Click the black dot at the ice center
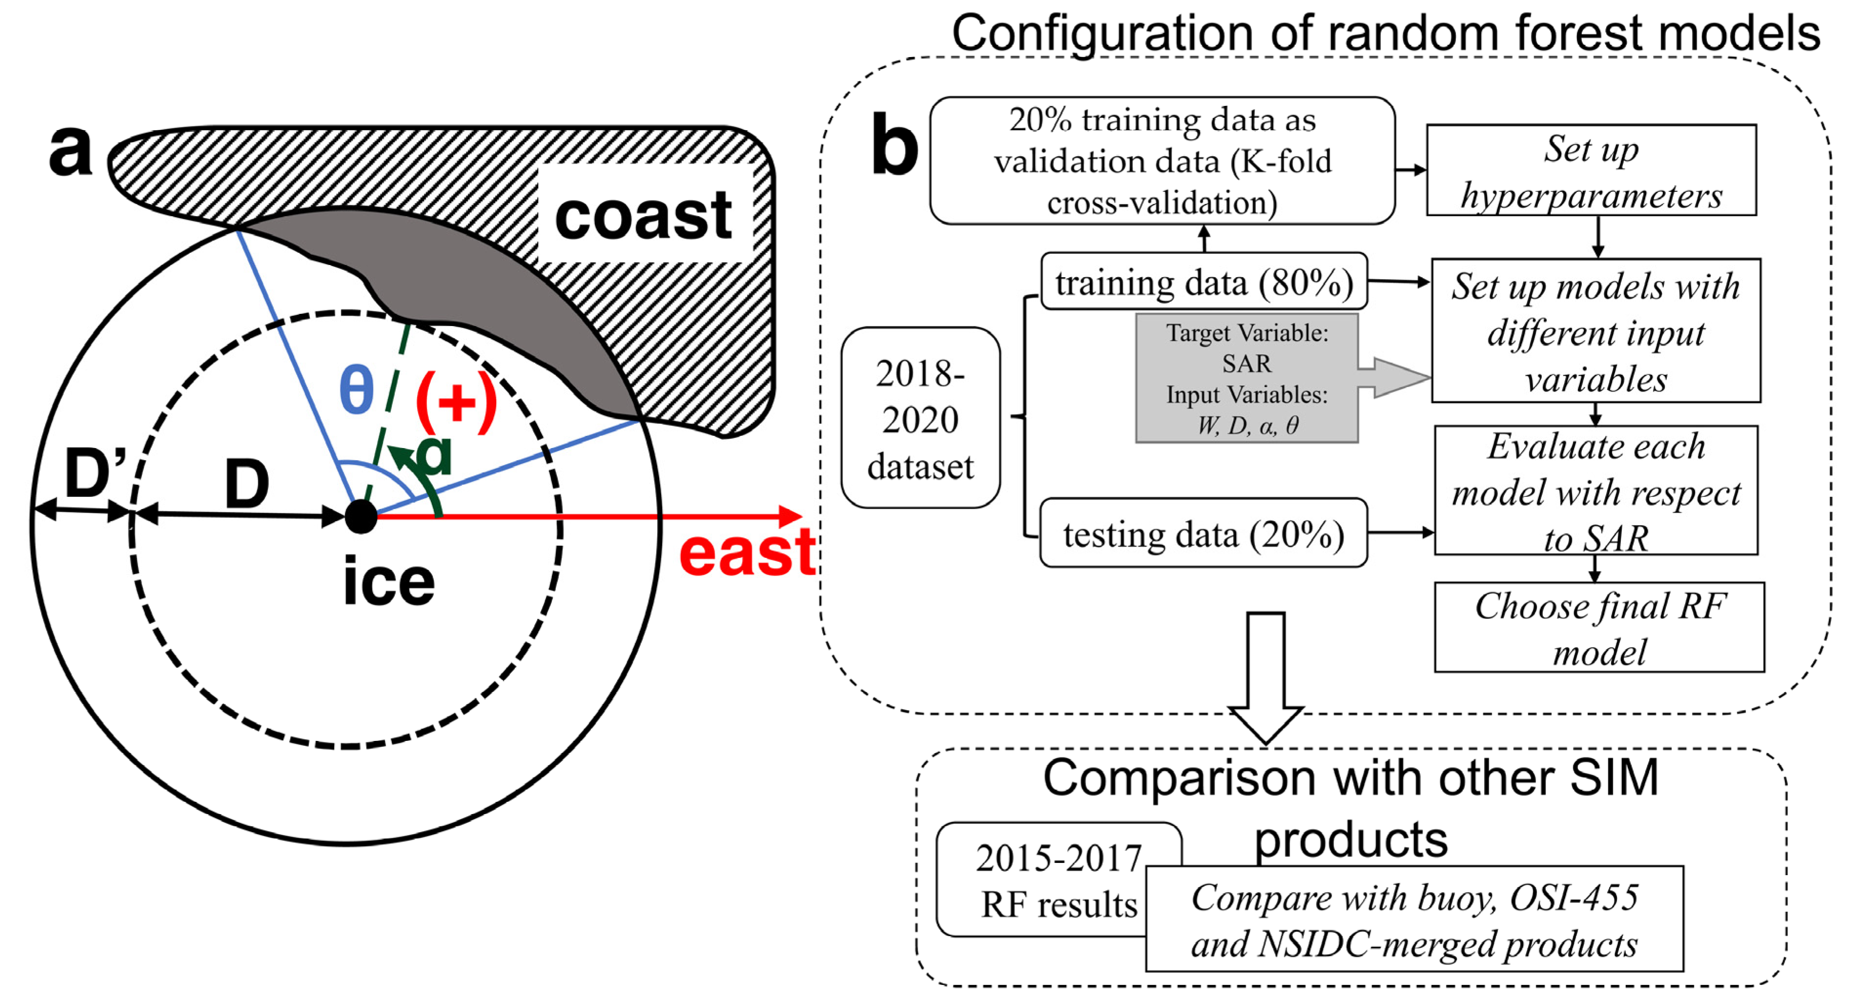click(x=361, y=516)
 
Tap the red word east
click(x=747, y=554)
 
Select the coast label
click(x=644, y=216)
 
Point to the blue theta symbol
click(x=356, y=390)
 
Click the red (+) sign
click(x=457, y=401)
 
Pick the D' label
click(x=95, y=472)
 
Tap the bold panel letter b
click(x=894, y=146)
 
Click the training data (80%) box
click(x=1204, y=282)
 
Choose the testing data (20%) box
click(x=1203, y=534)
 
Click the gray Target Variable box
click(x=1246, y=378)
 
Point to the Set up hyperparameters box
click(x=1591, y=171)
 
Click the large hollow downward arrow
click(x=1265, y=678)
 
